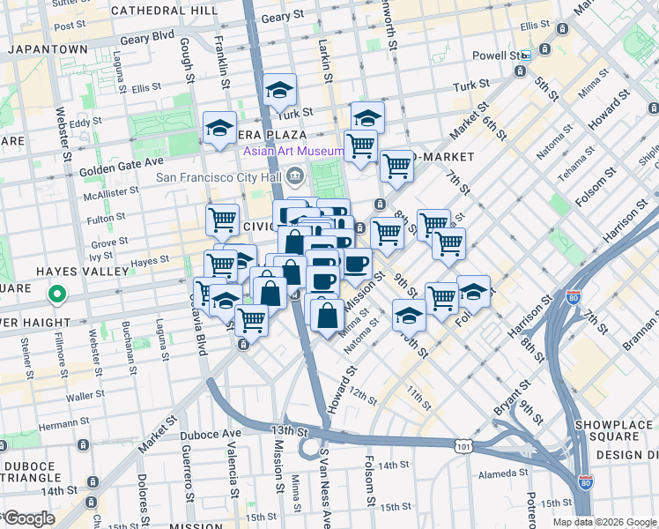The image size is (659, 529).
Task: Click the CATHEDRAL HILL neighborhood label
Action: coord(165,11)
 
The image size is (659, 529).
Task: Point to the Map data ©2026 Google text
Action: coord(603,522)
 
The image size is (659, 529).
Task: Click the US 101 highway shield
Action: coord(464,447)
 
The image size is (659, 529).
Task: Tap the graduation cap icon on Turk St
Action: coord(279,90)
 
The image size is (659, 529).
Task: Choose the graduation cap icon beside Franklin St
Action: coord(219,129)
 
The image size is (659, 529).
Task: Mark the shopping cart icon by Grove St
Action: coord(223,220)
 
